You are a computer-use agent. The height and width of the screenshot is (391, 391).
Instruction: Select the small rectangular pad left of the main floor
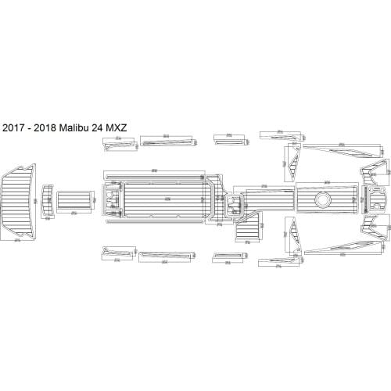point(73,199)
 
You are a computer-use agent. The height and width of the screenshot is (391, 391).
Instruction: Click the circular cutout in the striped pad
point(321,199)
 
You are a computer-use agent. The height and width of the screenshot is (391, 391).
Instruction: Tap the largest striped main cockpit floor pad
point(164,199)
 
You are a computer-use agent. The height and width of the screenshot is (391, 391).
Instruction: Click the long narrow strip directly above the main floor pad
point(155,174)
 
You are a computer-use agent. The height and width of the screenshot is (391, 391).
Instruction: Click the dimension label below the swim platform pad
point(17,242)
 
